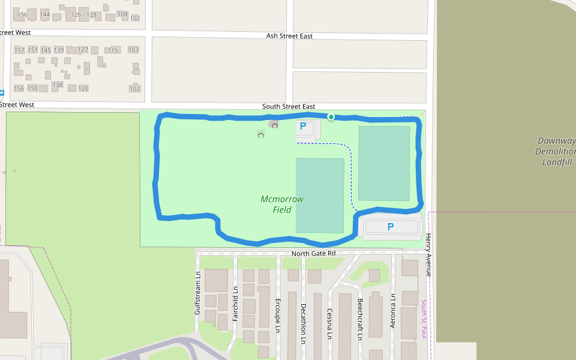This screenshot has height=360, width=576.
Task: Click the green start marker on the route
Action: (331, 116)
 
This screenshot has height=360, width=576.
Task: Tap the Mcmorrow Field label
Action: (282, 204)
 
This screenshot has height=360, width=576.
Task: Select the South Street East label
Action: (289, 107)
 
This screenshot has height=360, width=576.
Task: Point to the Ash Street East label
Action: (289, 36)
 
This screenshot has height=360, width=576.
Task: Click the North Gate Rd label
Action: (313, 254)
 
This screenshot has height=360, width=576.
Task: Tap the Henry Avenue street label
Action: (428, 255)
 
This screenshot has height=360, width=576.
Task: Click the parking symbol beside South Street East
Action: (303, 126)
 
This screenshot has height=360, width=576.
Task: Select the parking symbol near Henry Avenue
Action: (391, 227)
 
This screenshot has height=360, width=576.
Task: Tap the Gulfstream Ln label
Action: (197, 294)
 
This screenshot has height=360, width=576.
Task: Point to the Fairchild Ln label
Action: (235, 302)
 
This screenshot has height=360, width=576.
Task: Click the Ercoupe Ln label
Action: (277, 314)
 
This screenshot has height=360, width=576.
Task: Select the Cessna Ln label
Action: (329, 323)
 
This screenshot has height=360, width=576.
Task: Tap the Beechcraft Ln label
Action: (360, 319)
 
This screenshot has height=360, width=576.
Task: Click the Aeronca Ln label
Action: (393, 310)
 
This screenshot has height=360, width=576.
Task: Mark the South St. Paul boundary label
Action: (423, 319)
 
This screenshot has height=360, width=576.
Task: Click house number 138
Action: (58, 85)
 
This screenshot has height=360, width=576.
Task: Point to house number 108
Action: (122, 14)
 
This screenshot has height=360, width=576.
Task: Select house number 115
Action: (113, 50)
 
